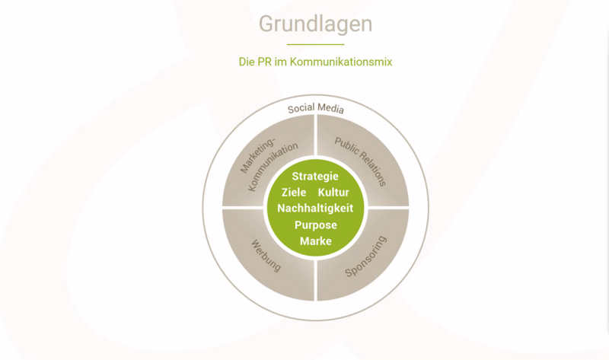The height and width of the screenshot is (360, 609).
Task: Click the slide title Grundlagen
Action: (x=315, y=24)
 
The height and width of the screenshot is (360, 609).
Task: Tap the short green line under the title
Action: (x=315, y=45)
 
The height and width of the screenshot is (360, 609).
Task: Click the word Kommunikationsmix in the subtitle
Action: (x=341, y=62)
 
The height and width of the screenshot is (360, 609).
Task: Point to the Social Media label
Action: (x=316, y=108)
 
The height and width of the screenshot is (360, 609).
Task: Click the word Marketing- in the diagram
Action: (x=257, y=155)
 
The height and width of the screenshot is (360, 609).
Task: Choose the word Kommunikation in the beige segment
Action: (x=273, y=167)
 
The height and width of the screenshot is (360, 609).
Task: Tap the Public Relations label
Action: (x=360, y=161)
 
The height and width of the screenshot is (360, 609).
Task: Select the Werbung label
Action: (x=266, y=256)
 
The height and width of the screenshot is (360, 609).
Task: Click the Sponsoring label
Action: (x=366, y=256)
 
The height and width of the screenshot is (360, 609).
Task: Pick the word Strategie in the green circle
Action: (x=315, y=177)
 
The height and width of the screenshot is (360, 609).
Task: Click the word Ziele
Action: (x=294, y=193)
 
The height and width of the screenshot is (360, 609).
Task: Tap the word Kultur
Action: (x=333, y=193)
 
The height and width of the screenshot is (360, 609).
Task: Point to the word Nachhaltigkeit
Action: (x=315, y=208)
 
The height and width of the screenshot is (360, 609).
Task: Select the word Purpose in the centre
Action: (x=316, y=225)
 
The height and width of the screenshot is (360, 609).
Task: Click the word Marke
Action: (x=316, y=241)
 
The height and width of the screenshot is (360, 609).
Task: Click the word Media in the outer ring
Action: (x=330, y=108)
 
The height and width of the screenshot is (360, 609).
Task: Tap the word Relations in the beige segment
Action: (x=372, y=168)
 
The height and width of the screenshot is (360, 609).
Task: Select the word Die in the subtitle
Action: (x=247, y=62)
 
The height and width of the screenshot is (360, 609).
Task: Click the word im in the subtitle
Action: (x=280, y=62)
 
